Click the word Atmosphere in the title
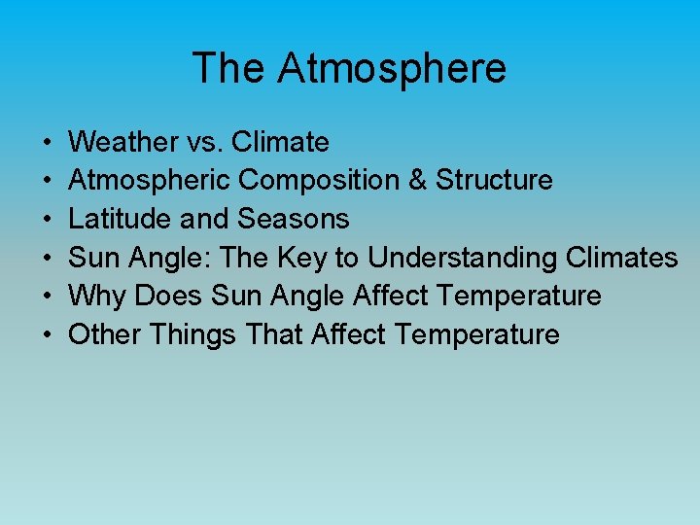pos(392,69)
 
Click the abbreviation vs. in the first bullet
pos(204,143)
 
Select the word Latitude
pos(122,219)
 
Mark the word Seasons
pos(294,219)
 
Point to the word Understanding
pos(458,258)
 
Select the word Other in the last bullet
pos(103,334)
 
